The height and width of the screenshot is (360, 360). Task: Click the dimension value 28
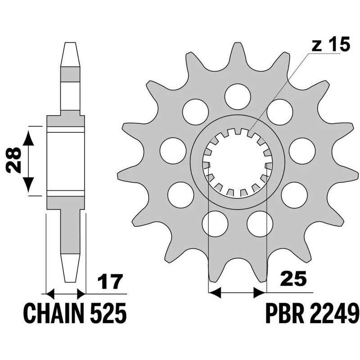tap(13, 160)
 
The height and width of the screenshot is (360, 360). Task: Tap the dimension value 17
tap(109, 282)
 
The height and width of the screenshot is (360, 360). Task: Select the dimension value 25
tap(293, 279)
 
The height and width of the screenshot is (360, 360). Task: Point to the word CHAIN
tap(54, 313)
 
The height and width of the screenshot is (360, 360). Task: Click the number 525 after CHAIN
tap(108, 313)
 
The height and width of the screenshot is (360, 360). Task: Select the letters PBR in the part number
tap(285, 313)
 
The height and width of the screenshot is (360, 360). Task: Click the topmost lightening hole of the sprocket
tap(238, 97)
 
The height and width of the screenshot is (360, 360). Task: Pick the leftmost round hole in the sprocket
tap(173, 151)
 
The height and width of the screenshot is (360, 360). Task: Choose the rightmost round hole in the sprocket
tap(302, 151)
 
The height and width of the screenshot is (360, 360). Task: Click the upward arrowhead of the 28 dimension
tap(28, 138)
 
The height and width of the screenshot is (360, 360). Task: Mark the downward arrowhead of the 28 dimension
tap(28, 184)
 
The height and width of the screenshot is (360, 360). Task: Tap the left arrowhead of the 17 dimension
tap(50, 294)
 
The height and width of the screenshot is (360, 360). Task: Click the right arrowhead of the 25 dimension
tap(260, 293)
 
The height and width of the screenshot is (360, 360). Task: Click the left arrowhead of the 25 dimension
tap(215, 293)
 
